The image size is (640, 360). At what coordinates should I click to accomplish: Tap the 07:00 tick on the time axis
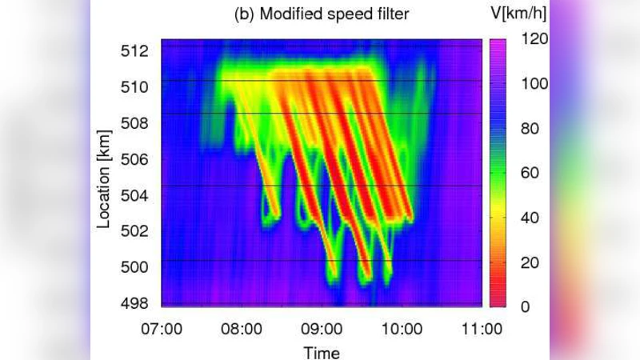click(162, 328)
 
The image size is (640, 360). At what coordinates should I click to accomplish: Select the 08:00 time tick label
click(242, 328)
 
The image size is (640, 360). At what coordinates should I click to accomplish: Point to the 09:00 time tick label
click(322, 328)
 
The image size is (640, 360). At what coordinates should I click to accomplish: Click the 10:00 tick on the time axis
click(402, 328)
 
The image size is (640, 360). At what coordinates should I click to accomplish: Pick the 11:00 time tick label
click(482, 328)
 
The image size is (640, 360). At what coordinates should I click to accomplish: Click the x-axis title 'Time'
click(321, 352)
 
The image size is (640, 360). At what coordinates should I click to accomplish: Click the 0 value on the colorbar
click(523, 306)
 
